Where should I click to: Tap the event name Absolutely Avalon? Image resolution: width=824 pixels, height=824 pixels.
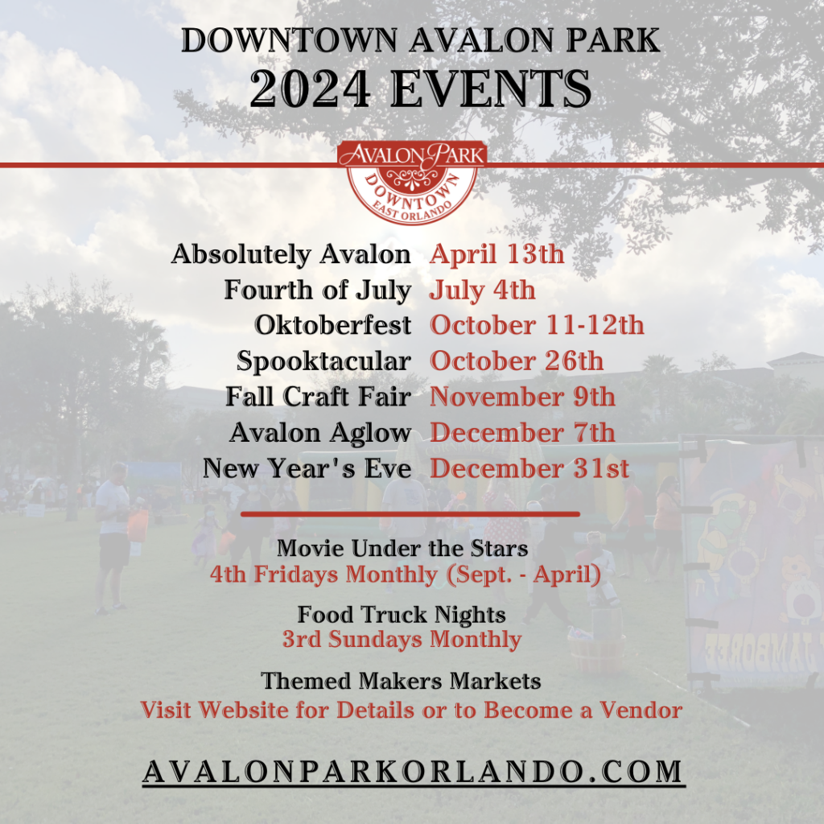(290, 254)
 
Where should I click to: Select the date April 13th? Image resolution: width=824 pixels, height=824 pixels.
(496, 254)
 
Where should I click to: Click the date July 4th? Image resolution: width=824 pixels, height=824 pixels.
(482, 290)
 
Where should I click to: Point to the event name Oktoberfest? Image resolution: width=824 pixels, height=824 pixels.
(332, 325)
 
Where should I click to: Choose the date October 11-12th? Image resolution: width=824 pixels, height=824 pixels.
(537, 325)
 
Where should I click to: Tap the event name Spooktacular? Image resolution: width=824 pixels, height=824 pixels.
(323, 361)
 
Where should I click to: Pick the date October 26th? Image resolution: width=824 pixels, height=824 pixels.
(516, 361)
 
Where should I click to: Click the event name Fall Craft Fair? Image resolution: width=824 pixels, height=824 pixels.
(318, 397)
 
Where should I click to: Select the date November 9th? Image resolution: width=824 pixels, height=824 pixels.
(522, 397)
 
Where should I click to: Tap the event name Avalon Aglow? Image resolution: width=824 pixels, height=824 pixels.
(320, 433)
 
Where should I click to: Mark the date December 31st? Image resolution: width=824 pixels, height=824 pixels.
(529, 468)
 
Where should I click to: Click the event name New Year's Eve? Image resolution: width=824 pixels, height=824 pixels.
(307, 468)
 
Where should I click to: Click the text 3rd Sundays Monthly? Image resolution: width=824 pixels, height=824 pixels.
(402, 640)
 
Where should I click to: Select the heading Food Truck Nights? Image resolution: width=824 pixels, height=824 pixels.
(402, 616)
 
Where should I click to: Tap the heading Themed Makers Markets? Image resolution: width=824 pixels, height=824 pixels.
(401, 682)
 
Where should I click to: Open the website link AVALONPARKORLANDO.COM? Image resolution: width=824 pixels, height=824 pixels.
(413, 770)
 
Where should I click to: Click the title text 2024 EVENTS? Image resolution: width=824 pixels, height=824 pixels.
(420, 90)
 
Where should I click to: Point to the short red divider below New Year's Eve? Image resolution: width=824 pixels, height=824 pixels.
(410, 513)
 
